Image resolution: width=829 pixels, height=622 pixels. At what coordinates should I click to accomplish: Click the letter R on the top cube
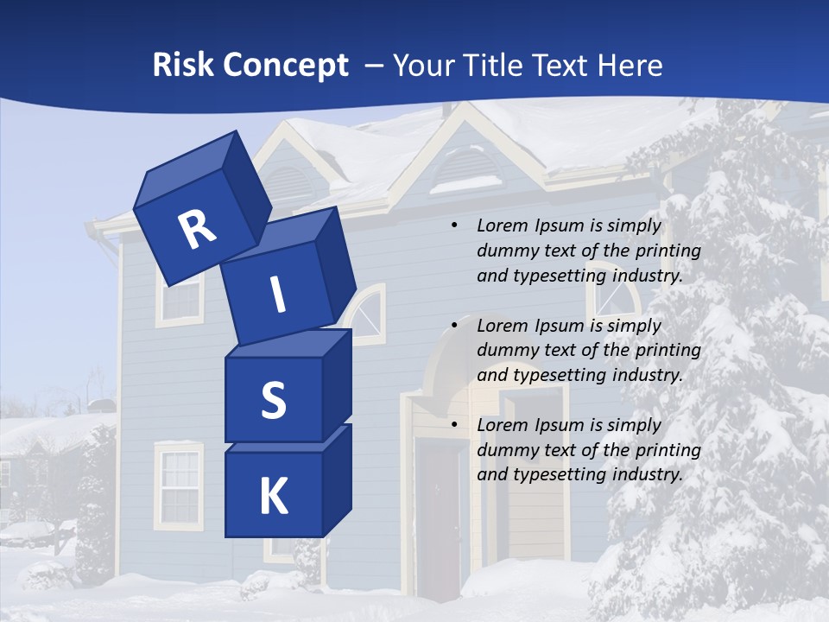[197, 230]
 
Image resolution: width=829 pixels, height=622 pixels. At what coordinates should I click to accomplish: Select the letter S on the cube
[273, 400]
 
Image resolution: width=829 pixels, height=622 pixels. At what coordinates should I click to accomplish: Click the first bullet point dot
[453, 226]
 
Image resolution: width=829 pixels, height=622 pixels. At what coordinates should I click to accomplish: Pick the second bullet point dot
[453, 326]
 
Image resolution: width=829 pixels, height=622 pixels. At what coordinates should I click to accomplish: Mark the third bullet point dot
[453, 425]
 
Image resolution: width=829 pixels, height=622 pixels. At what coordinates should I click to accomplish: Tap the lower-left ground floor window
[180, 486]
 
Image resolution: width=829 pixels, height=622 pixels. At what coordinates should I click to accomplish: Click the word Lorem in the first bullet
[502, 225]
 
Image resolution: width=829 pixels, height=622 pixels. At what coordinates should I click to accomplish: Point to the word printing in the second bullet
[668, 350]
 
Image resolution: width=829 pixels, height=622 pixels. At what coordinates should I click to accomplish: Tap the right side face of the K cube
[336, 479]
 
